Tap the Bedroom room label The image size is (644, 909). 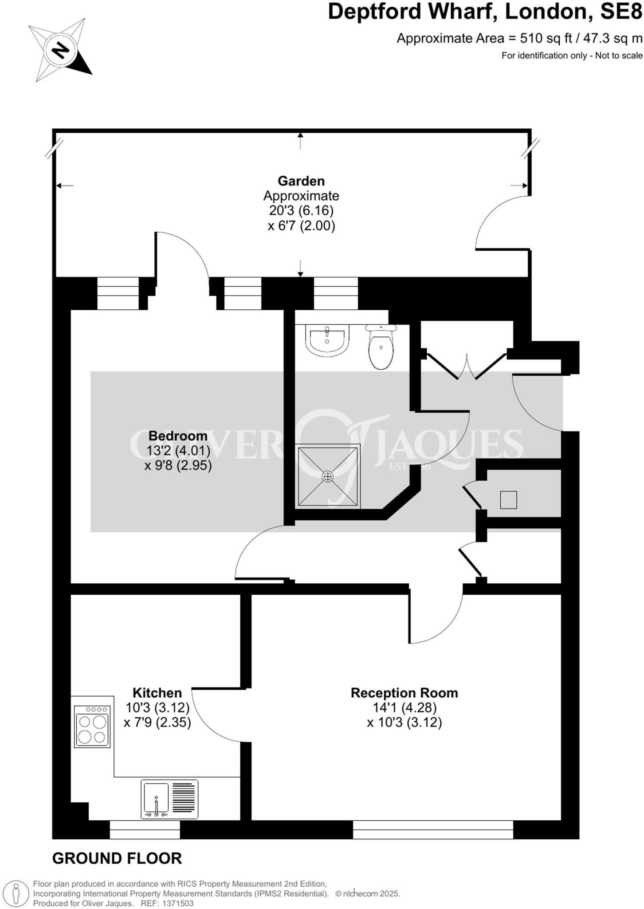click(x=178, y=435)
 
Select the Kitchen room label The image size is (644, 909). click(x=157, y=693)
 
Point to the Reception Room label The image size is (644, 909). click(x=404, y=693)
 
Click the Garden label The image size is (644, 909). click(x=301, y=181)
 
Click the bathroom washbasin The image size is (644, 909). click(x=327, y=340)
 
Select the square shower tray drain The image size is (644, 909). click(x=328, y=476)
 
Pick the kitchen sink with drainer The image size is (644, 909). click(x=169, y=799)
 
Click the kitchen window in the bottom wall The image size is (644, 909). click(x=145, y=829)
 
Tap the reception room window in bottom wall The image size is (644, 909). click(x=433, y=829)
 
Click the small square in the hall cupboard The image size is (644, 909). click(x=508, y=500)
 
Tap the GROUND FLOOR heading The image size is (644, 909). click(x=117, y=858)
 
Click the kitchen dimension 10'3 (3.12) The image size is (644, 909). click(x=157, y=707)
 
